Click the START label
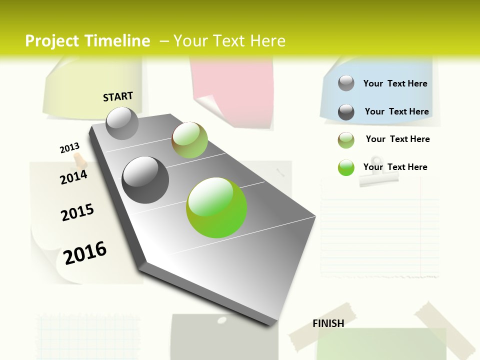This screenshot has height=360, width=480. click(118, 96)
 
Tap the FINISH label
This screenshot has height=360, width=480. click(328, 323)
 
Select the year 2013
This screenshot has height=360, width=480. click(70, 148)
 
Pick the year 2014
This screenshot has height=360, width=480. click(73, 177)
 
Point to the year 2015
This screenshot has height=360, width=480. click(77, 212)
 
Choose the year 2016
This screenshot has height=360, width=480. click(85, 252)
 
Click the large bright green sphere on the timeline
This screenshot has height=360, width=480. click(216, 207)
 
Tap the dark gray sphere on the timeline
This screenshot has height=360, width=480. click(145, 180)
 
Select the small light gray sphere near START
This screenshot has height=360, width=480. click(122, 123)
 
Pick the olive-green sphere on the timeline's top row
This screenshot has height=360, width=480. click(189, 140)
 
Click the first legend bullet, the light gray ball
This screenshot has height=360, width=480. click(346, 83)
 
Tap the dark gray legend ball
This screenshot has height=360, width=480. click(346, 112)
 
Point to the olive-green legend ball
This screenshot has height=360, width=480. click(346, 140)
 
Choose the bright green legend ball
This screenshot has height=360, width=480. click(346, 167)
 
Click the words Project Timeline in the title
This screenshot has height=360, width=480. click(87, 41)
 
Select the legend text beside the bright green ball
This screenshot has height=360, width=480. click(395, 167)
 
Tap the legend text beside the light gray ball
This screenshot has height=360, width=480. click(395, 83)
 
